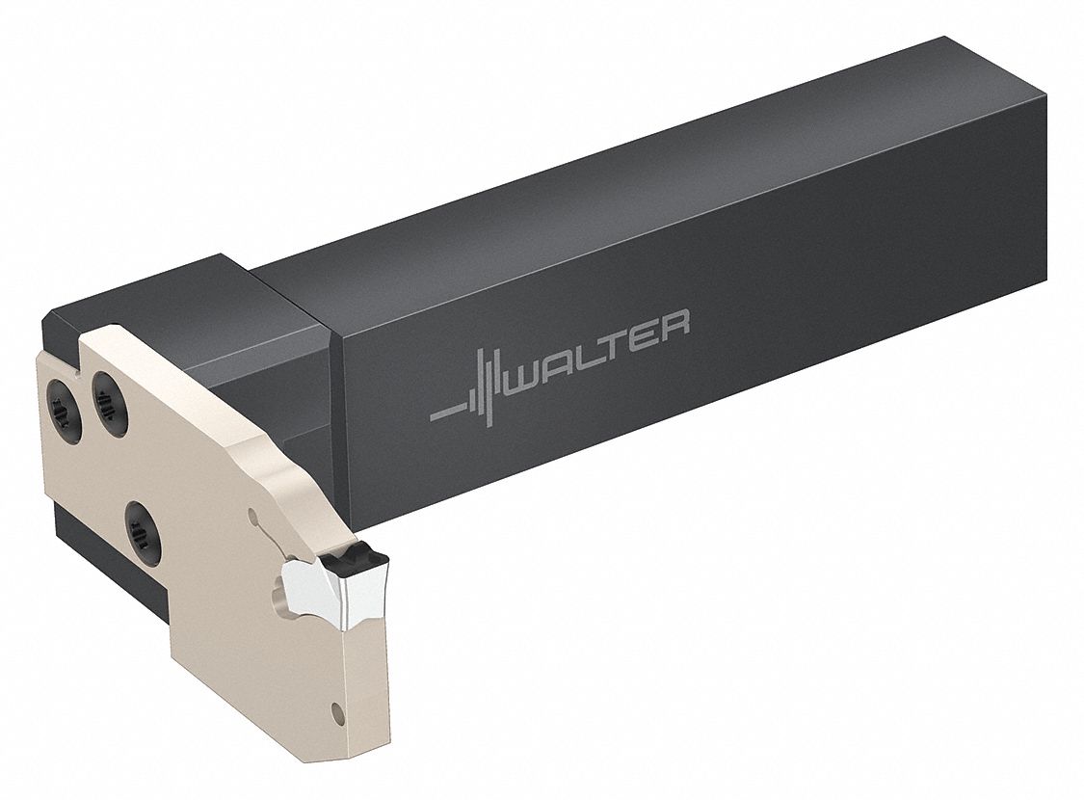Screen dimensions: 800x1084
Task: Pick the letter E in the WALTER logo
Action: [648, 331]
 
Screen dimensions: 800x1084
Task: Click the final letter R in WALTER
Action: [675, 320]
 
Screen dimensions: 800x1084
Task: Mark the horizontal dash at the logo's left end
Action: [444, 414]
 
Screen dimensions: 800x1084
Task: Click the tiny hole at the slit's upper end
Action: [252, 517]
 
